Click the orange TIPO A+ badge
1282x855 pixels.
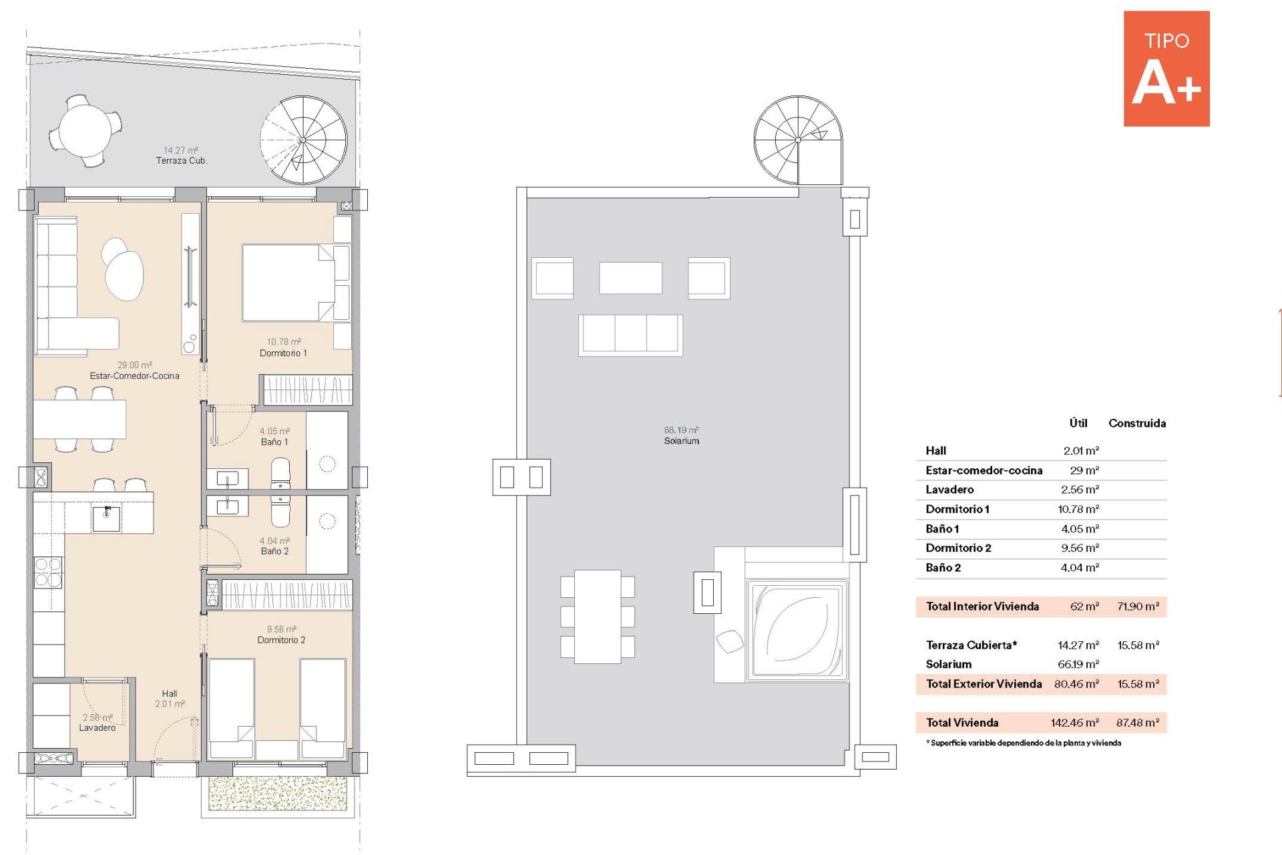click(x=1166, y=68)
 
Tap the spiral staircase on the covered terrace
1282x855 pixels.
click(x=303, y=140)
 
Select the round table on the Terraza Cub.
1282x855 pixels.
click(x=85, y=130)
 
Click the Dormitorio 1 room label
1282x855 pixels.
click(x=283, y=353)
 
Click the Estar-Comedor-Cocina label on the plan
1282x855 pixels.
click(x=135, y=376)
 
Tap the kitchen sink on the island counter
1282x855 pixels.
click(x=107, y=518)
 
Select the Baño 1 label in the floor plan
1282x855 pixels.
click(x=274, y=442)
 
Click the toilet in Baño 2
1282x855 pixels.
click(x=280, y=512)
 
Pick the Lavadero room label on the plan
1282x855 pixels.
click(x=97, y=728)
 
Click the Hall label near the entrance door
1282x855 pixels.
click(x=170, y=694)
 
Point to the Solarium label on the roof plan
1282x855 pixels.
click(x=682, y=441)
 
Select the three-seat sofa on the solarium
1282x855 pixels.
click(x=631, y=335)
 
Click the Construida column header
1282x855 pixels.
click(x=1137, y=423)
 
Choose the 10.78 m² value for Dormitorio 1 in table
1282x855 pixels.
click(x=1078, y=509)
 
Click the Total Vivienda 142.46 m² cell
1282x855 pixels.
click(x=1075, y=723)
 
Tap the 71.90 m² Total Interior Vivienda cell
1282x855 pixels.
click(x=1138, y=607)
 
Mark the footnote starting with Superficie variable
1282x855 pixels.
click(x=1024, y=743)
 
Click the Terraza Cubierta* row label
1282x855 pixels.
click(x=972, y=645)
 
